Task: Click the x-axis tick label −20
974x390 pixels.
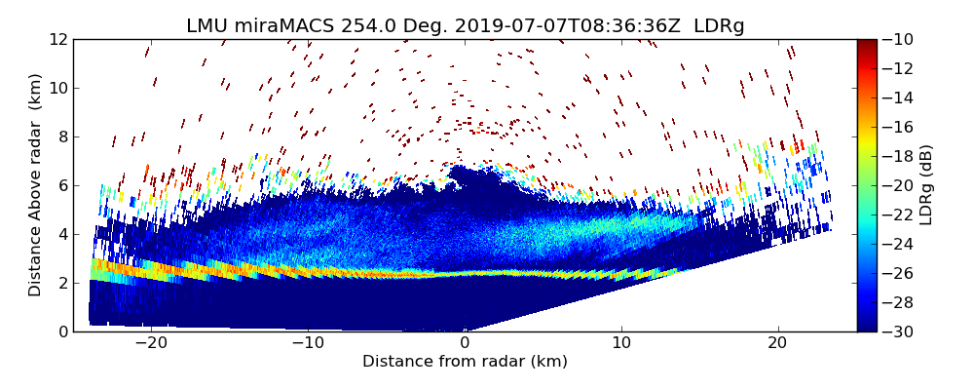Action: tap(151, 343)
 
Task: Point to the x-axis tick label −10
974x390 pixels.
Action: tap(308, 343)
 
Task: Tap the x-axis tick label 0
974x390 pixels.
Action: tap(465, 343)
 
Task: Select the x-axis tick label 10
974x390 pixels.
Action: tap(621, 343)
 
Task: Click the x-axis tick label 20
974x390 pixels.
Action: tap(777, 343)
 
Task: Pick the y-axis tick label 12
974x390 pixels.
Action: tap(58, 39)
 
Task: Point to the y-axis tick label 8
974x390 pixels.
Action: tap(62, 136)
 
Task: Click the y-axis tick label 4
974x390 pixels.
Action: tap(62, 234)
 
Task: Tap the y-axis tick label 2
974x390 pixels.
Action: tap(62, 283)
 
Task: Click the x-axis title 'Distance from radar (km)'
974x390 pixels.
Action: tap(465, 362)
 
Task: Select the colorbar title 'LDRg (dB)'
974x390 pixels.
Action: tap(926, 185)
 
